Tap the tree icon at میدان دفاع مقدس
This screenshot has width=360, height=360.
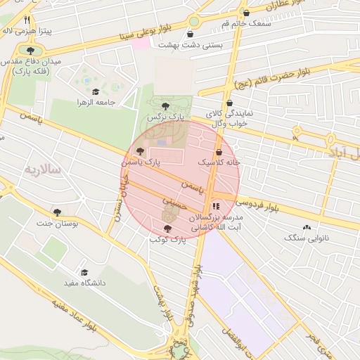(30, 51)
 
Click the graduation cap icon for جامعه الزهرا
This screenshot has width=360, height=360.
(95, 91)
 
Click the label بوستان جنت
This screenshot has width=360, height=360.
(56, 223)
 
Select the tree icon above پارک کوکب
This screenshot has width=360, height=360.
(167, 229)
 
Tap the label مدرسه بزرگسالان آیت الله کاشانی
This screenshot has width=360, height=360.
(216, 223)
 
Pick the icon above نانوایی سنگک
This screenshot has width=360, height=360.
(306, 228)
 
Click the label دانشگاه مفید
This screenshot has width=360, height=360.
(84, 283)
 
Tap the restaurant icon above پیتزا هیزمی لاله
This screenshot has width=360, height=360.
(27, 20)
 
